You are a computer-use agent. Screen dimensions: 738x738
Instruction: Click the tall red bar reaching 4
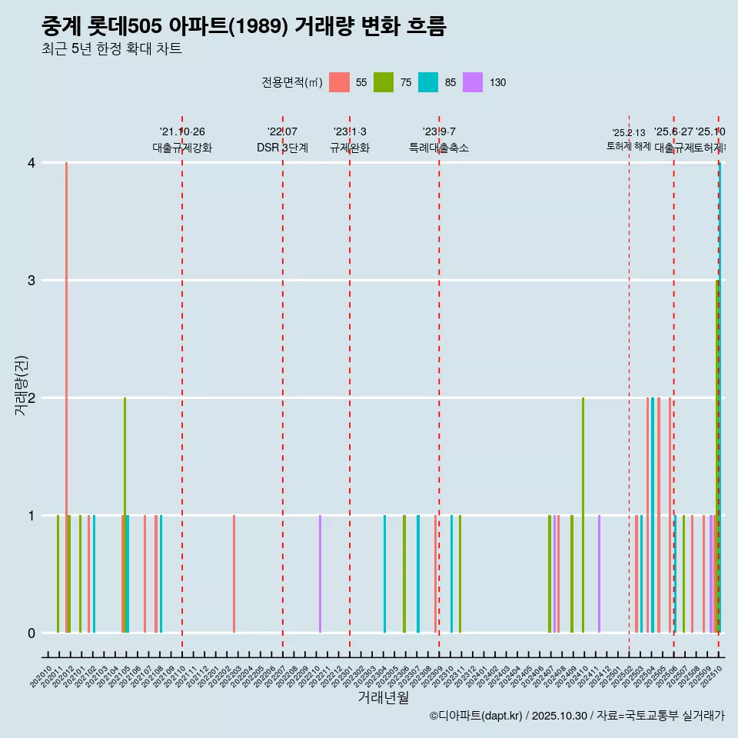(67, 384)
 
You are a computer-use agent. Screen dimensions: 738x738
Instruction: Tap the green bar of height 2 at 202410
(583, 515)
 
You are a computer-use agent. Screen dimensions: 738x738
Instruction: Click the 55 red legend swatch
(339, 82)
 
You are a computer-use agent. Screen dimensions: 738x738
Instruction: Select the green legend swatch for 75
(384, 82)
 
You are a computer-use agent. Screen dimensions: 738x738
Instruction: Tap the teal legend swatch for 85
(428, 82)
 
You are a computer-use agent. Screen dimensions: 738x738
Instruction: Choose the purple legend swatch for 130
(473, 82)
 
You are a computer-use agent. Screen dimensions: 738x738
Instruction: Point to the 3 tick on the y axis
(32, 281)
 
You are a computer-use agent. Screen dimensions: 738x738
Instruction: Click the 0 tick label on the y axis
(32, 633)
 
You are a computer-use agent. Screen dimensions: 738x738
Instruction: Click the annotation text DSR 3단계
(283, 148)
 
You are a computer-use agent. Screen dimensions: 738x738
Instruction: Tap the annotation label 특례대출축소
(439, 148)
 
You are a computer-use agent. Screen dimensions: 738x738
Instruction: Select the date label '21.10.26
(182, 131)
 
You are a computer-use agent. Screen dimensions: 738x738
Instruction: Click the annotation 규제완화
(350, 148)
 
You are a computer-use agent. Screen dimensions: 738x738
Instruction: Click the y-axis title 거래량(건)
(22, 385)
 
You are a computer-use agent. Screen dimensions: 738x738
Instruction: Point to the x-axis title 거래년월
(383, 697)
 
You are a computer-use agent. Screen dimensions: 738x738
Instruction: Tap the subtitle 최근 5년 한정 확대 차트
(111, 49)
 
